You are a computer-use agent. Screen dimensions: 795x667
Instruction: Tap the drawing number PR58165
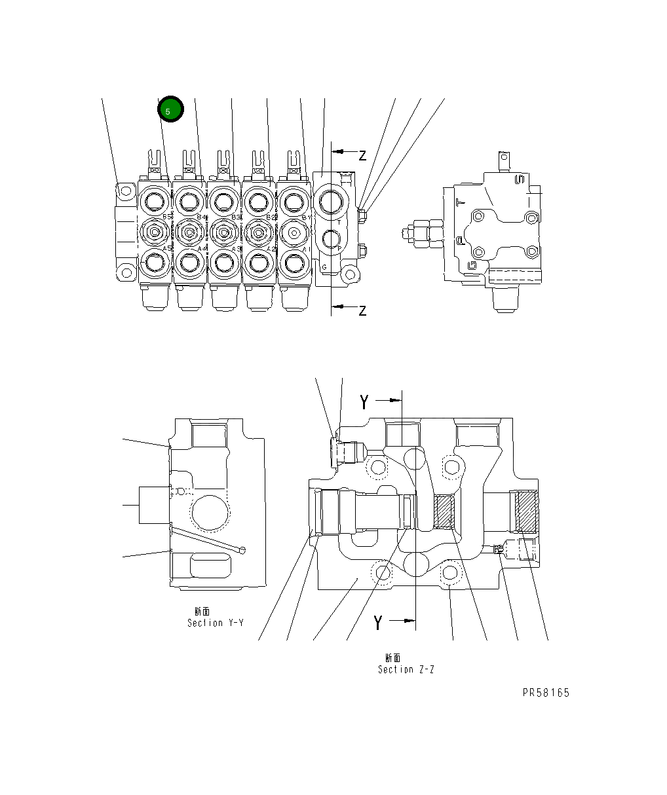546,693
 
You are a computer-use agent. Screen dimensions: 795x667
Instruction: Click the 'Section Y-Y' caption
215,623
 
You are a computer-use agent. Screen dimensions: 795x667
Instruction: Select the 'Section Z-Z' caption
406,669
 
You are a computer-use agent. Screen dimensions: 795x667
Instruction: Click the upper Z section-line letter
362,155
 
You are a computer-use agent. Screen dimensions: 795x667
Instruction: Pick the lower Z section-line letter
362,310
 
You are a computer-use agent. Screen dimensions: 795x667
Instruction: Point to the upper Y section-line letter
365,402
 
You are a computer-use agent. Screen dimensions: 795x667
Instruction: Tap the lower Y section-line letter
378,623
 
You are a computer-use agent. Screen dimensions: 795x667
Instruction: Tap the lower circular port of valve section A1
293,263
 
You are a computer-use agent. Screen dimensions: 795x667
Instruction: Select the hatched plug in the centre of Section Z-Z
444,511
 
